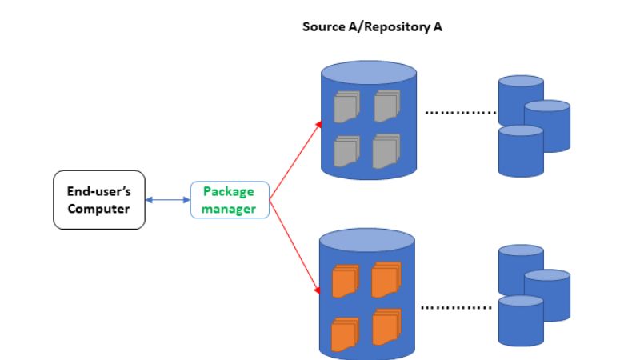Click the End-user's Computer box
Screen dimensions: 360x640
pyautogui.click(x=98, y=200)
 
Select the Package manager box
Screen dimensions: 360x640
pyautogui.click(x=229, y=200)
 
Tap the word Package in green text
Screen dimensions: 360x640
pyautogui.click(x=229, y=192)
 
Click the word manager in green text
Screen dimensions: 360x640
pyautogui.click(x=229, y=209)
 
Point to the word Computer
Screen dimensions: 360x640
pyautogui.click(x=98, y=209)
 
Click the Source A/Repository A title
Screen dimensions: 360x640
pyautogui.click(x=372, y=26)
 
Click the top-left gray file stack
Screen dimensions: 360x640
pyautogui.click(x=346, y=106)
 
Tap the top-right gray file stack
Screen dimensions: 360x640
pyautogui.click(x=386, y=106)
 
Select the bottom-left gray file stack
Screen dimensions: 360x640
pyautogui.click(x=346, y=150)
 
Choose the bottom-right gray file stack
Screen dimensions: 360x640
pyautogui.click(x=386, y=150)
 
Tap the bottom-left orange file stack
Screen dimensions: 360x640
pyautogui.click(x=345, y=329)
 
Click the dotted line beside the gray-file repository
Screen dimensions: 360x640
pyautogui.click(x=460, y=113)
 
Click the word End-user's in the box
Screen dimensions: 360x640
pyautogui.click(x=98, y=192)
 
